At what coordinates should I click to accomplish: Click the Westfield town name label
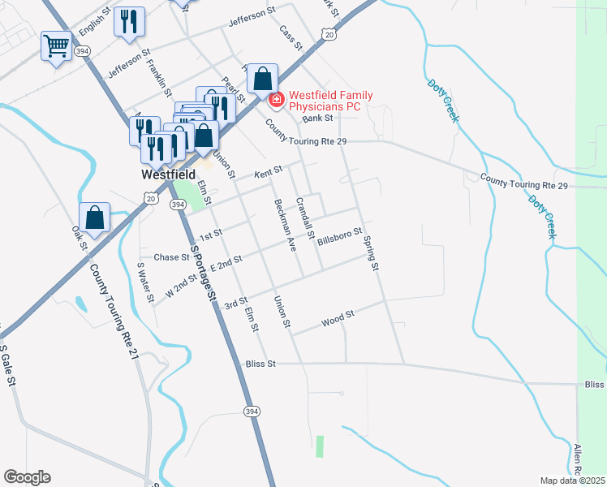click(168, 174)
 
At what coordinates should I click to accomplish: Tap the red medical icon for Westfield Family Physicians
click(276, 101)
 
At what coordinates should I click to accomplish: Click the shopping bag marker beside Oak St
click(95, 218)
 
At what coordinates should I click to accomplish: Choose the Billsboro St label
click(339, 237)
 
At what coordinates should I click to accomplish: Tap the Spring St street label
click(372, 252)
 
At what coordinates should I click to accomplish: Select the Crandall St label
click(305, 218)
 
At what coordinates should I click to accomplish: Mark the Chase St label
click(171, 257)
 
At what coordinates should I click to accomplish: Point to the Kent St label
click(267, 172)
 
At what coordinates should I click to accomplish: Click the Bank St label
click(318, 119)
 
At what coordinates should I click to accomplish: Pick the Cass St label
click(290, 36)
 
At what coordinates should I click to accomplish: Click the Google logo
click(27, 477)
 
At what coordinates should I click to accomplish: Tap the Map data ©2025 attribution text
click(572, 481)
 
